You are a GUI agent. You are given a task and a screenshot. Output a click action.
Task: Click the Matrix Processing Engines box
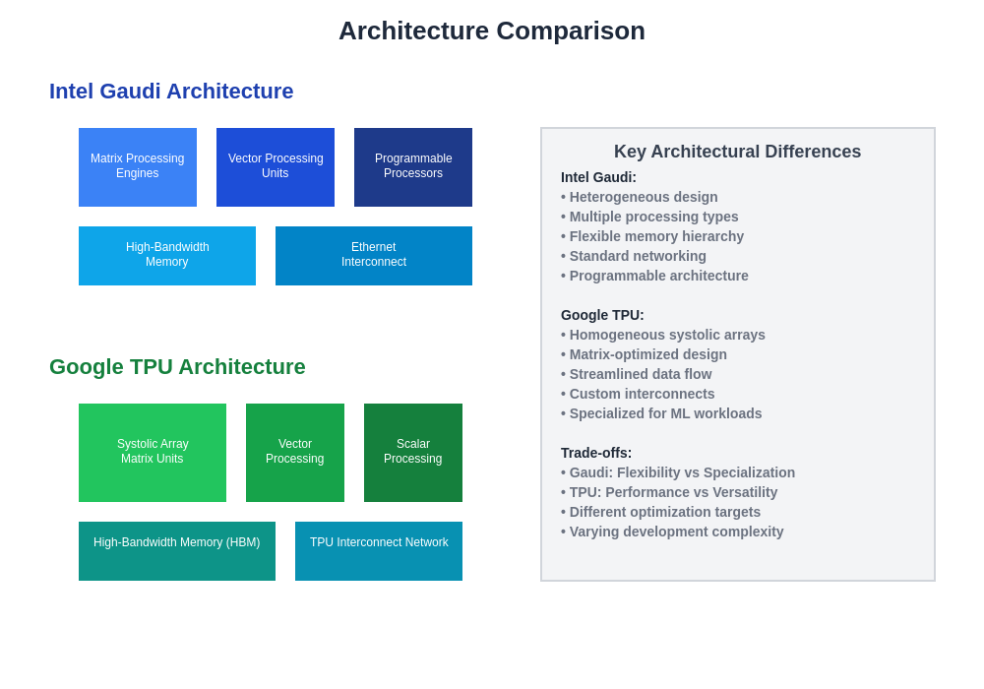point(138,167)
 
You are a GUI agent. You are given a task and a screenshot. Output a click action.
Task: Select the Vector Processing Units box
point(276,167)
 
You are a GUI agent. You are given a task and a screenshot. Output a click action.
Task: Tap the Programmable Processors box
point(413,167)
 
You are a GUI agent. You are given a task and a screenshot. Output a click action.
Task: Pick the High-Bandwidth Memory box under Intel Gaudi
point(167,256)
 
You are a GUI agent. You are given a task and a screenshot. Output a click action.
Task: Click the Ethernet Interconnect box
point(374,256)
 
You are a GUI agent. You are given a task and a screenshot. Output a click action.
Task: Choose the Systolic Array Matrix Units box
point(153,453)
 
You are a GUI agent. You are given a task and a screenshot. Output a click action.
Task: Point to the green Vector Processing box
point(295,453)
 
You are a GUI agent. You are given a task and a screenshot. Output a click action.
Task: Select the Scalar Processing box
point(413,453)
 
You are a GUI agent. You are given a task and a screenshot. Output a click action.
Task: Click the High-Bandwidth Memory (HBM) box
point(177,551)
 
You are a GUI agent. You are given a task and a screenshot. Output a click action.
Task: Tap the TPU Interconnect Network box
point(379,551)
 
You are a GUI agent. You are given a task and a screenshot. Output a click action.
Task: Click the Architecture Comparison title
point(492,31)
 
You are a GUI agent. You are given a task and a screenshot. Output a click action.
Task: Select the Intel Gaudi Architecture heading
point(171,92)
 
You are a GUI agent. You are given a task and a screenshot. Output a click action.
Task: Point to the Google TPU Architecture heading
point(177,367)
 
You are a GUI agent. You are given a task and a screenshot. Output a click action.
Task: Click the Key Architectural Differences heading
point(737,152)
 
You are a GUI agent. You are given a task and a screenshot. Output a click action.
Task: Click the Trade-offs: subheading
point(596,453)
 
